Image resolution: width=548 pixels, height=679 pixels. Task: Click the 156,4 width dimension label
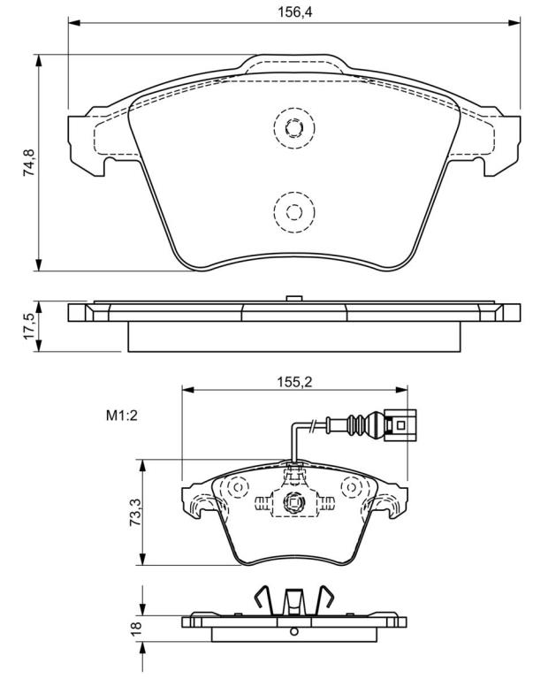tap(295, 11)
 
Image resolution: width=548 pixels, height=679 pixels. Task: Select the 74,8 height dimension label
tap(29, 162)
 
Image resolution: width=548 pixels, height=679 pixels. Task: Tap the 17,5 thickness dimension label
tap(29, 326)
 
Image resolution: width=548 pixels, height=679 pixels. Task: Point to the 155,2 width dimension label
tap(295, 382)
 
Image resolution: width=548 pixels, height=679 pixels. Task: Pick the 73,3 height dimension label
tap(135, 512)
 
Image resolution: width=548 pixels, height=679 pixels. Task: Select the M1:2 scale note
tap(122, 416)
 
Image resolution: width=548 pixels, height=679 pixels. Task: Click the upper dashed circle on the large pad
tap(294, 127)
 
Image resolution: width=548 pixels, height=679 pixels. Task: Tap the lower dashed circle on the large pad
tap(294, 212)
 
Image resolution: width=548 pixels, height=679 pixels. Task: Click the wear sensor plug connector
tap(400, 424)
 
